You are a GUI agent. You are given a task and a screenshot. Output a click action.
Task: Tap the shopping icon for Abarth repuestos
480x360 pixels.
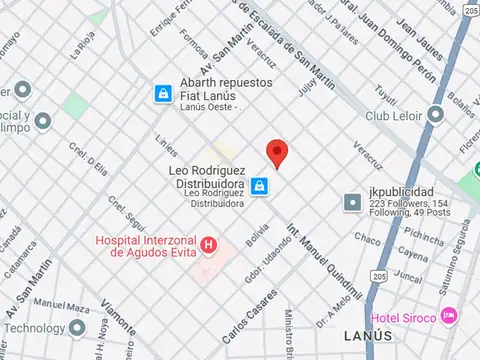click(x=161, y=93)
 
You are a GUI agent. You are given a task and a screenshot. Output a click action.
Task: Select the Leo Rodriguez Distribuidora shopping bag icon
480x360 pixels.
click(x=259, y=186)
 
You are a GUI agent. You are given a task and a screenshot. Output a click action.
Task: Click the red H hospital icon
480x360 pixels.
click(x=208, y=244)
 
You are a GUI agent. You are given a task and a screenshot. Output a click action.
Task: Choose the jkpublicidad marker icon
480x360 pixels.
click(x=352, y=202)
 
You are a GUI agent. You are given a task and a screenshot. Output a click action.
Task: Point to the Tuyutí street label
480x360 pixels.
click(x=386, y=95)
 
